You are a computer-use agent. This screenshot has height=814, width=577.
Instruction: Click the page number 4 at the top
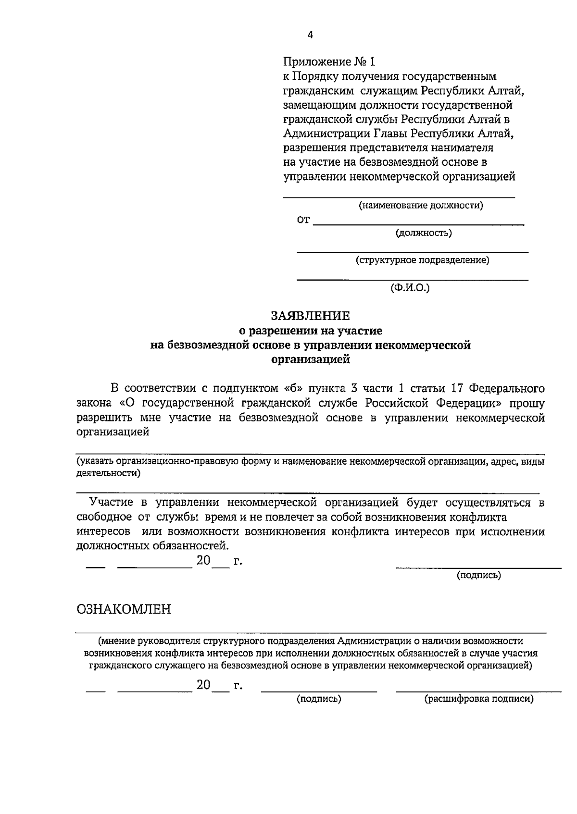310,35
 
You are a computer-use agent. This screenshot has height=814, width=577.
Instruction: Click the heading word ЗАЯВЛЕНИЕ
310,316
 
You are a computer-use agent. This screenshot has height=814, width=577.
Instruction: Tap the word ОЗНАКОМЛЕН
124,610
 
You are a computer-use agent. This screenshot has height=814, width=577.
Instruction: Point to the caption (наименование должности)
421,206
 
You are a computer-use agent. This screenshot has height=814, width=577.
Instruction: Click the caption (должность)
424,233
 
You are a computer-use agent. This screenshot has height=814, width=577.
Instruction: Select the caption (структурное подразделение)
422,260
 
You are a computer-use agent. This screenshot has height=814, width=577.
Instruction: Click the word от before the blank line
303,221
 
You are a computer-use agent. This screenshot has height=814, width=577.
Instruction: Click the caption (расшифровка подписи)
478,699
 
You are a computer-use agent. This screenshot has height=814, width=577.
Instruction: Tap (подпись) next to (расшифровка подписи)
319,699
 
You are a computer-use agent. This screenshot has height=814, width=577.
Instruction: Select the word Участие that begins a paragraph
111,503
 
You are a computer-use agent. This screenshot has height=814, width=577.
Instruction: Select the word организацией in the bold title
311,359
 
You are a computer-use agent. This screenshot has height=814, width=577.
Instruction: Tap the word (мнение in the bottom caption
116,641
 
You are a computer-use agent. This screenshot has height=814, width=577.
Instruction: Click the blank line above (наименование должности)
398,197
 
